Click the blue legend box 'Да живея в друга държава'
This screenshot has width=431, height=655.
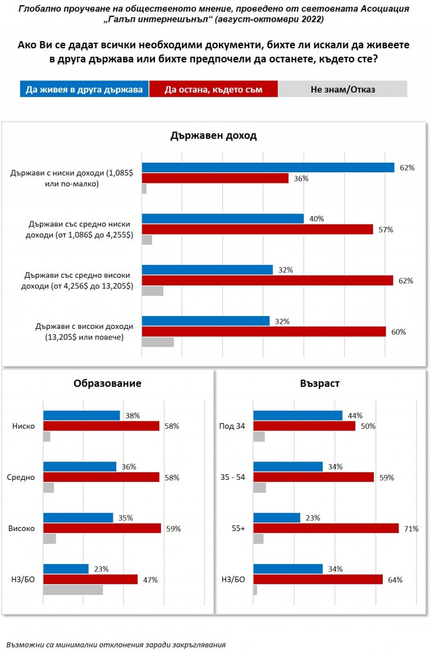point(84,89)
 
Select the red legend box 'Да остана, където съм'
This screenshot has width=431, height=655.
point(213,89)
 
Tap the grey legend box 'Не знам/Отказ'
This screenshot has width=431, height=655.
point(343,89)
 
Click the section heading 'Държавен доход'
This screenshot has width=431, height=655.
point(213,136)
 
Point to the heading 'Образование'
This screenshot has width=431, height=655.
point(107,383)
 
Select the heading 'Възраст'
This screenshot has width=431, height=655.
point(319,383)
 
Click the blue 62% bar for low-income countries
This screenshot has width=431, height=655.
point(268,167)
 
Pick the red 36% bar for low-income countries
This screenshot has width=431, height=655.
point(215,178)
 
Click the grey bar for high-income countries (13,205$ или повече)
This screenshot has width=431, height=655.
point(158,342)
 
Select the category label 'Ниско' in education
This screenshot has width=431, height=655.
point(24,426)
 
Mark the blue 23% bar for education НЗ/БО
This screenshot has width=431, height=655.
point(66,569)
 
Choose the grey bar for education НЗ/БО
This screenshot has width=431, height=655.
point(73,590)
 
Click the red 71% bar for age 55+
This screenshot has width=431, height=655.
point(326,528)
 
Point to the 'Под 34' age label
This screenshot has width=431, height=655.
point(232,426)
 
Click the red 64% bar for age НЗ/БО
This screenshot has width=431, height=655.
point(318,579)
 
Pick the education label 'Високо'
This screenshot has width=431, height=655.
point(22,529)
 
